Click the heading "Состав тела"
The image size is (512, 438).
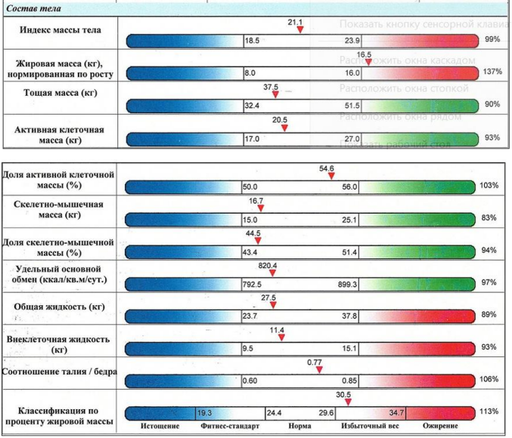coord(31,9)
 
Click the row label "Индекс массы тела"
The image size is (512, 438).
coord(61,29)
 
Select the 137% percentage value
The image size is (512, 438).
coord(491,71)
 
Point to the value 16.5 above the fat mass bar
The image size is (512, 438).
coord(364,54)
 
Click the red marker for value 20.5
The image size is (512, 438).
coord(284,128)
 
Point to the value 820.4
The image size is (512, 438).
coord(269,266)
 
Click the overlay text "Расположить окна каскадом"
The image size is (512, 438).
coord(407,60)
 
